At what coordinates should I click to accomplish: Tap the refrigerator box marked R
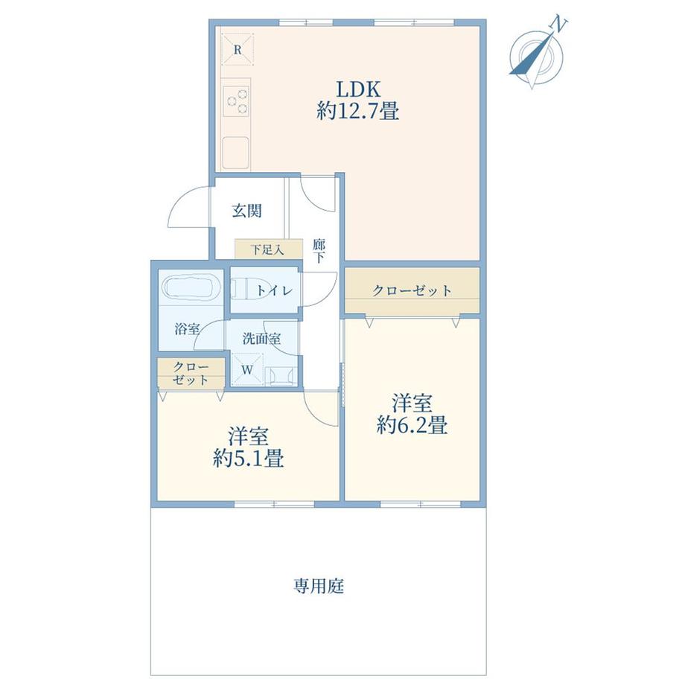click(x=238, y=50)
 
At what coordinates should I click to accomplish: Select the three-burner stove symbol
click(x=237, y=101)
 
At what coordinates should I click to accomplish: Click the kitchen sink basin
click(x=236, y=153)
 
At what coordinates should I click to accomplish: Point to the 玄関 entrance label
click(x=247, y=211)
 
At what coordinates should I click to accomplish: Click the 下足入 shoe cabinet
click(x=269, y=249)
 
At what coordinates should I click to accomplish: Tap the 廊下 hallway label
click(x=319, y=251)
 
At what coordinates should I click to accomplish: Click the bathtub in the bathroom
click(x=191, y=287)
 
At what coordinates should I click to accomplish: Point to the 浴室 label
click(x=187, y=328)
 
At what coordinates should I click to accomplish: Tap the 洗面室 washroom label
click(x=261, y=338)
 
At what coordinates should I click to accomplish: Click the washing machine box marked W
click(x=247, y=370)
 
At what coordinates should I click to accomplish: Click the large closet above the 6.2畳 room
click(x=412, y=290)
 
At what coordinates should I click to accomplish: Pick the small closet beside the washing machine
click(x=191, y=372)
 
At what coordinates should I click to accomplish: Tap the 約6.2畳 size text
click(x=412, y=424)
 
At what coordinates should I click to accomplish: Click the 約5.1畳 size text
click(x=248, y=458)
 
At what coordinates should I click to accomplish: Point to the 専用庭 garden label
click(x=319, y=585)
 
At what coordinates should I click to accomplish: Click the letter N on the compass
click(x=558, y=24)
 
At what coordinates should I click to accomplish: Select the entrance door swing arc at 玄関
click(x=183, y=205)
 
